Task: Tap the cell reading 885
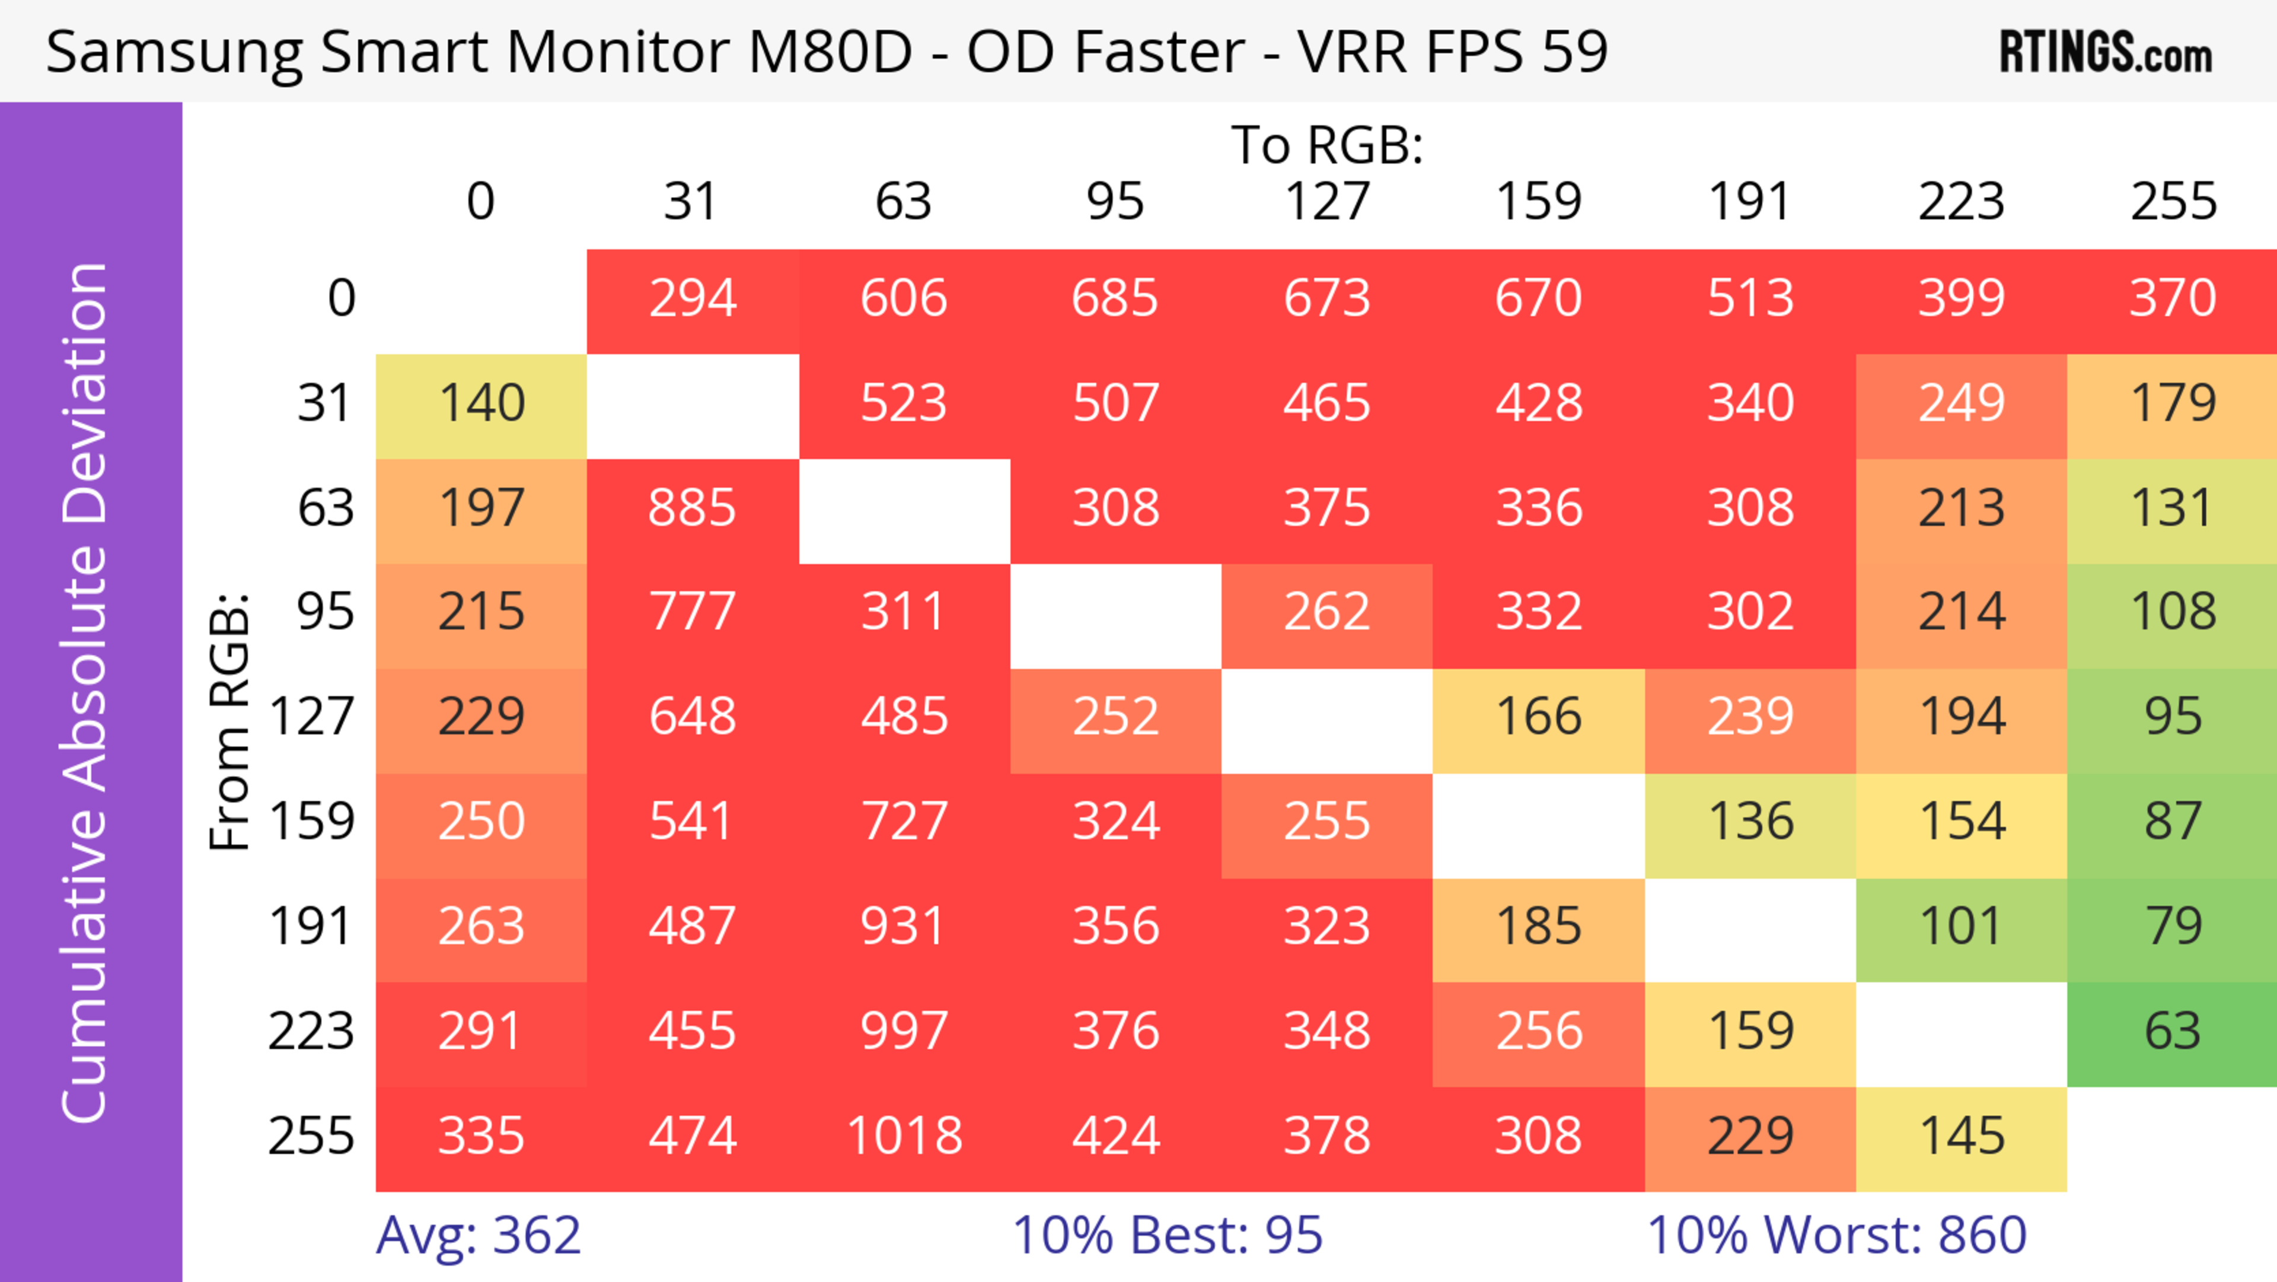692,508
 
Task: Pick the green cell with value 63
2173,1032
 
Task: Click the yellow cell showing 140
481,404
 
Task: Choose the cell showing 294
692,299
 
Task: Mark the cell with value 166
1538,717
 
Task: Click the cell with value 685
1115,299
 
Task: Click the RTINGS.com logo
2106,52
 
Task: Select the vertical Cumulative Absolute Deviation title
86,692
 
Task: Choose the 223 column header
1960,202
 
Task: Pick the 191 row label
311,927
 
